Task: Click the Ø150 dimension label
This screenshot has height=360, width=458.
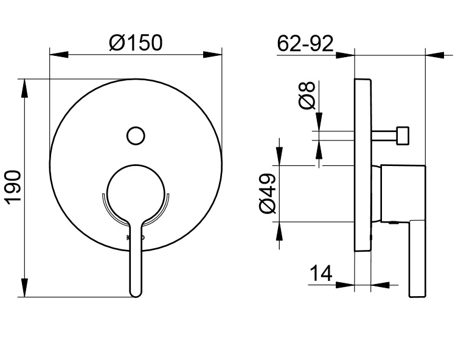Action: [136, 43]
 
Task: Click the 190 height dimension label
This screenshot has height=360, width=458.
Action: [13, 187]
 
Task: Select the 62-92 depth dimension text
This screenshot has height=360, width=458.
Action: [305, 43]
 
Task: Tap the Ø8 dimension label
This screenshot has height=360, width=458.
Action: [308, 95]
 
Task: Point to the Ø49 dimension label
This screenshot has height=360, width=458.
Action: [268, 193]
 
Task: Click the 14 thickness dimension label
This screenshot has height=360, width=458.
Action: [321, 274]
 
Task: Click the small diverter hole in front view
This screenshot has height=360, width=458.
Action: [136, 135]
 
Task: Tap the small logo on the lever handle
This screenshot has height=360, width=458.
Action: [135, 237]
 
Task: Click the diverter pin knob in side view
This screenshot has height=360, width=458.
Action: [403, 135]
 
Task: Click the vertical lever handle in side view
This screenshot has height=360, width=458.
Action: [417, 258]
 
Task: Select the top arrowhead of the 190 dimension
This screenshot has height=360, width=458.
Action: [24, 87]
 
